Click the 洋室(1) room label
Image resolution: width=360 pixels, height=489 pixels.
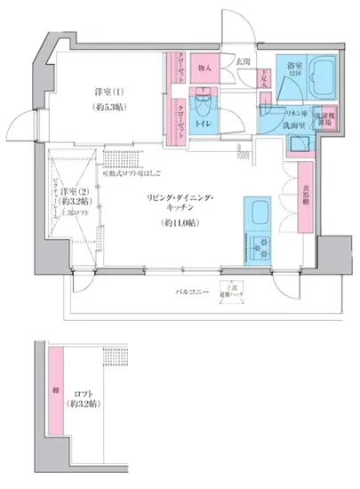pos(108,91)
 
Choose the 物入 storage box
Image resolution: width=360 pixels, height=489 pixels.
pos(204,68)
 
